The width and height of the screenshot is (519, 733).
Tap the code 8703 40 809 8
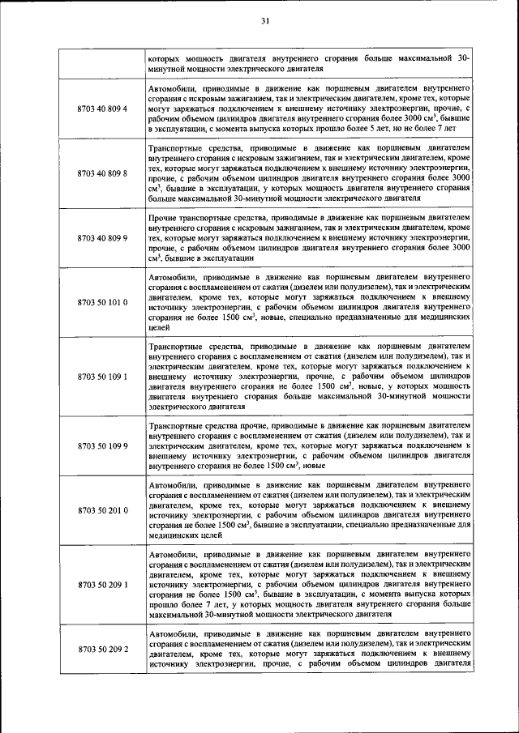(x=102, y=174)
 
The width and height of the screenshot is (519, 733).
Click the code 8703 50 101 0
(x=102, y=302)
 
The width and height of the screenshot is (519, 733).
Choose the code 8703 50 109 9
(x=102, y=445)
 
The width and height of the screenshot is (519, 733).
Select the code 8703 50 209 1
(x=102, y=582)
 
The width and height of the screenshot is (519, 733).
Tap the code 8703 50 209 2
(x=102, y=650)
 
